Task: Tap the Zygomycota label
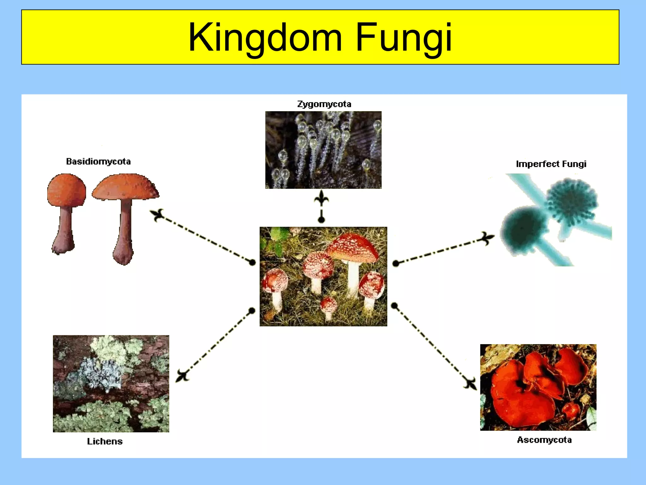click(324, 104)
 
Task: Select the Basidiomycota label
click(98, 162)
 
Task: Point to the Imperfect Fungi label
click(551, 164)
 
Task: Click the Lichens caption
click(105, 441)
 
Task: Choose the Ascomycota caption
click(544, 440)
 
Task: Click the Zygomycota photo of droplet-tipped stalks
click(323, 150)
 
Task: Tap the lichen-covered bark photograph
click(111, 384)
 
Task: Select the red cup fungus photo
click(538, 387)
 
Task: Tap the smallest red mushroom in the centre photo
click(328, 306)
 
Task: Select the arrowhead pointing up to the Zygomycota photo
click(321, 198)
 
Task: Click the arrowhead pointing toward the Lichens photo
click(182, 376)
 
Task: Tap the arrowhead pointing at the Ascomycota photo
click(470, 384)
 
